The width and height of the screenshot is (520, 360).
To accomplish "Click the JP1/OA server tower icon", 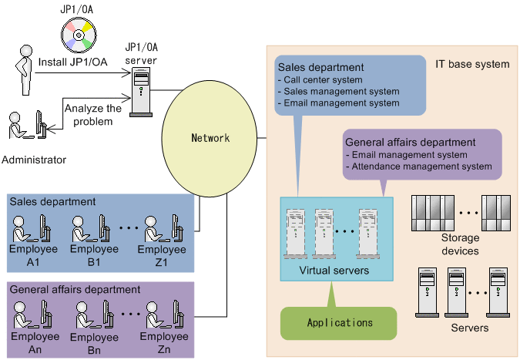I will click(x=140, y=90).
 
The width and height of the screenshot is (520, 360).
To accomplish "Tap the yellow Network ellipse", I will click(x=210, y=138).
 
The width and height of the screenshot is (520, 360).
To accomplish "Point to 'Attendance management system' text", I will click(x=421, y=166).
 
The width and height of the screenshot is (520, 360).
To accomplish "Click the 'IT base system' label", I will click(x=472, y=63).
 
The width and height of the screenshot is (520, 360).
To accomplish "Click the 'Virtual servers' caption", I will click(x=333, y=271).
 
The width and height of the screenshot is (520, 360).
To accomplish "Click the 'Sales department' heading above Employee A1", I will click(x=52, y=201).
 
